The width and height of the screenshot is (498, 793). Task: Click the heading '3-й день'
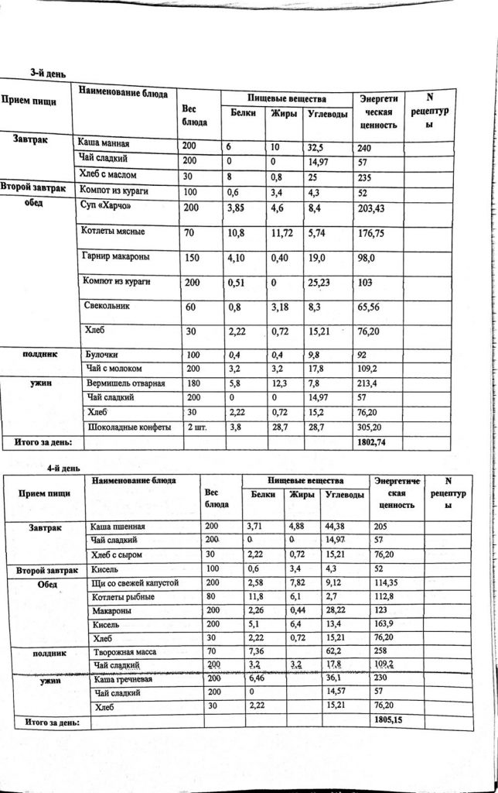(x=46, y=73)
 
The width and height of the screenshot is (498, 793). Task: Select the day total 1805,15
(x=388, y=719)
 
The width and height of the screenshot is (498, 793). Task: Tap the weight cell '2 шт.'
(x=196, y=427)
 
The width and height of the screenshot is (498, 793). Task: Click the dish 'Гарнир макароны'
(x=116, y=256)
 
